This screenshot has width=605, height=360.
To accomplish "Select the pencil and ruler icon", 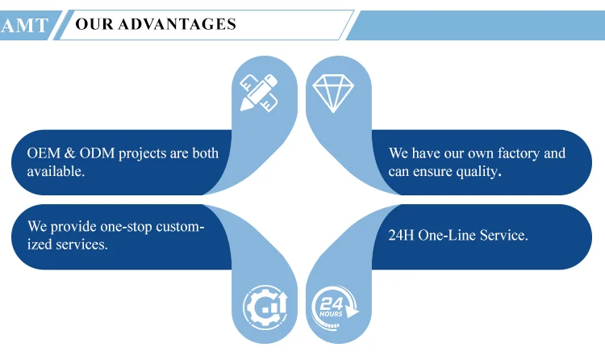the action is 259,93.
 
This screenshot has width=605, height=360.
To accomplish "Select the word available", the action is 55,171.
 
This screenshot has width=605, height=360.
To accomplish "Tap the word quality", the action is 478,171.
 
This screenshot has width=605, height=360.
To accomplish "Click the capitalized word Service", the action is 505,235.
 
